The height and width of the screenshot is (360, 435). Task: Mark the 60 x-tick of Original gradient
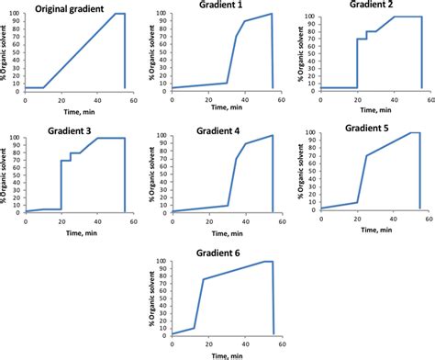point(135,99)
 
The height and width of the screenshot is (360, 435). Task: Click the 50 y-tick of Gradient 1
point(163,53)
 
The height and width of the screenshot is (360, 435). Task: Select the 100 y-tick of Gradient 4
point(162,136)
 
